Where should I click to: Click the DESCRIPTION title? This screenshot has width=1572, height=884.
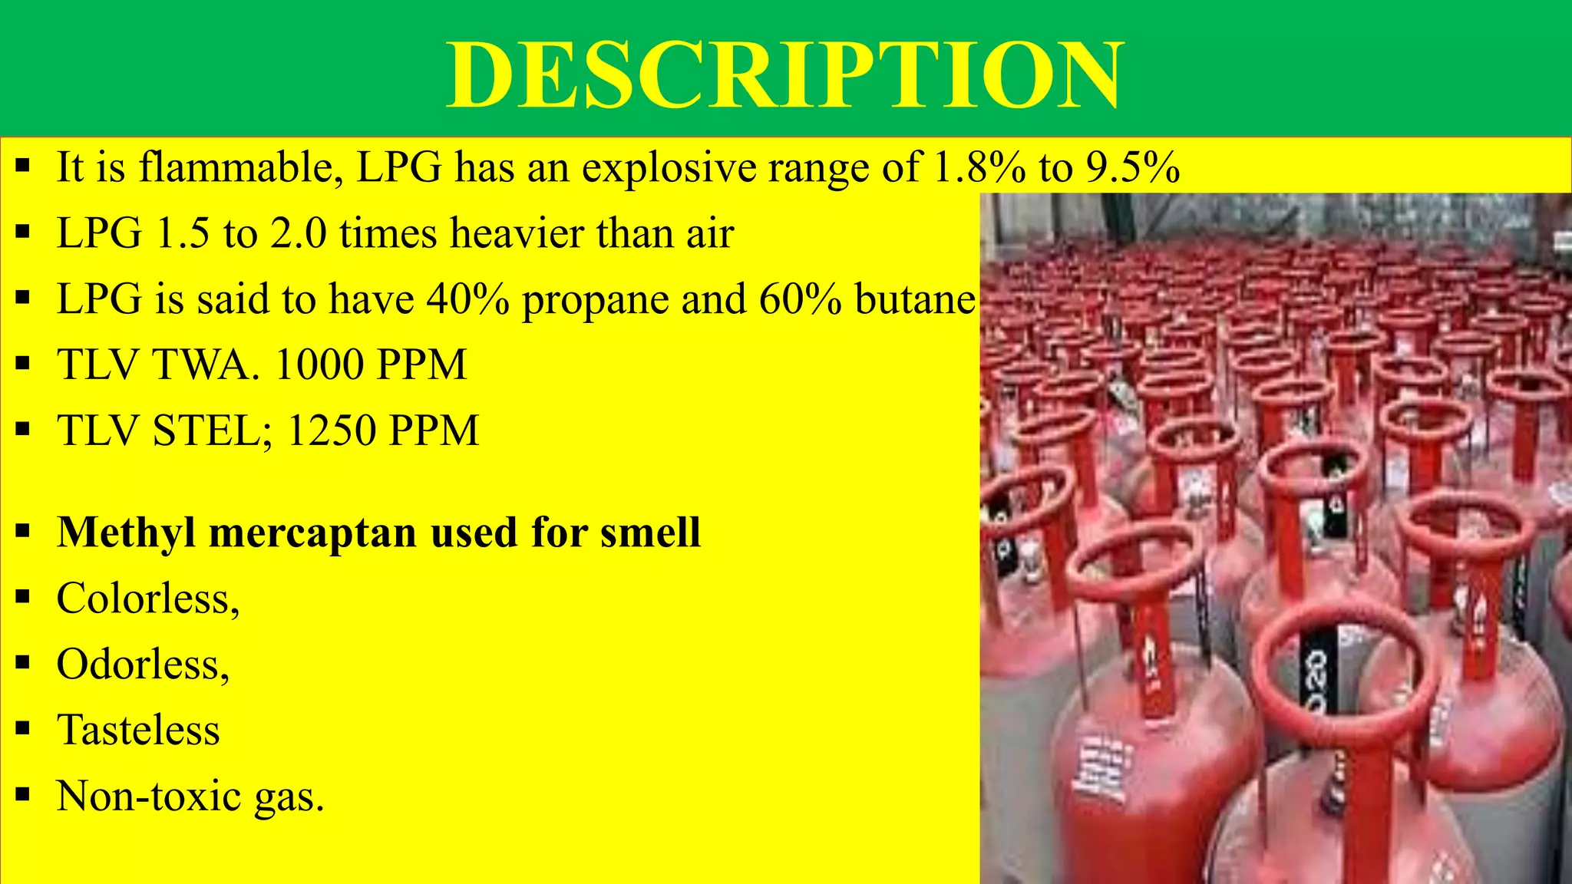(784, 75)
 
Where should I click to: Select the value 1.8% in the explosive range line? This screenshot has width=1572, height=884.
(979, 167)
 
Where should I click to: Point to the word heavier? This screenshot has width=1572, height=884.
(517, 233)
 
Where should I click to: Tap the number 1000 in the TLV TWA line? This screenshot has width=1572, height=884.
(317, 364)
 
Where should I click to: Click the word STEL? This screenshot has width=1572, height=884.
(207, 430)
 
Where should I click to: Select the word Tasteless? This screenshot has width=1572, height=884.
(138, 730)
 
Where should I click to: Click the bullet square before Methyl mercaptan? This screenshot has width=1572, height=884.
(23, 529)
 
